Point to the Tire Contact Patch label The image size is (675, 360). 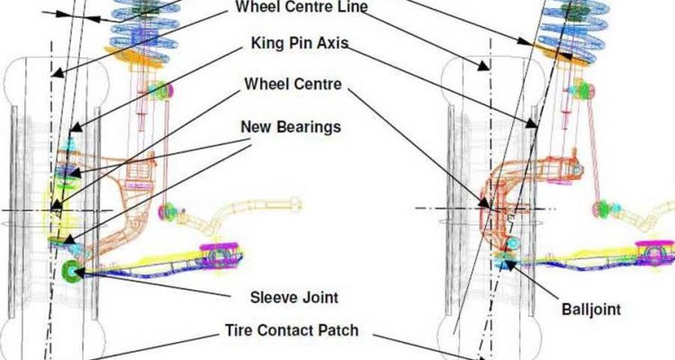point(291,330)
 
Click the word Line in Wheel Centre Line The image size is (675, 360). point(351,7)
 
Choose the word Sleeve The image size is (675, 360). point(271,295)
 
